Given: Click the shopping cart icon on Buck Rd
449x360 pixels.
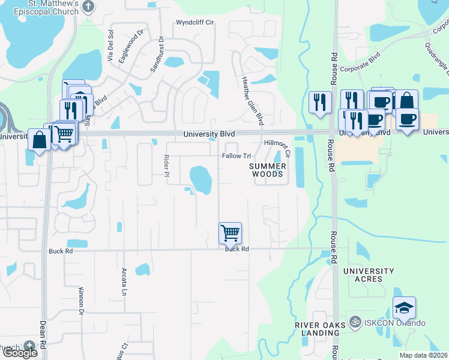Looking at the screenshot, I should tap(231, 233).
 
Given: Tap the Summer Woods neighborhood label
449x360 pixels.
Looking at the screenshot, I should tap(267, 169).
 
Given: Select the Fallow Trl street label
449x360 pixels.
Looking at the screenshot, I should tap(236, 156).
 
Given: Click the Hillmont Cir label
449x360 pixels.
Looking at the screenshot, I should tap(277, 148).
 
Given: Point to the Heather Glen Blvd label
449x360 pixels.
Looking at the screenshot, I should tap(253, 101).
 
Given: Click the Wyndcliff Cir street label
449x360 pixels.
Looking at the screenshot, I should tap(195, 23).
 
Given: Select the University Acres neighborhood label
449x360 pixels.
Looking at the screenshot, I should tap(369, 275).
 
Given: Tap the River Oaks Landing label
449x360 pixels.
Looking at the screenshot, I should tap(320, 329).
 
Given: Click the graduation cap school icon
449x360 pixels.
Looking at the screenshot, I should tap(405, 308).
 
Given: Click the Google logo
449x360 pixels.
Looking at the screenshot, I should tap(20, 353).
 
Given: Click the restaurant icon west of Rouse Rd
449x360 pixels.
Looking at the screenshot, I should tap(320, 102).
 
